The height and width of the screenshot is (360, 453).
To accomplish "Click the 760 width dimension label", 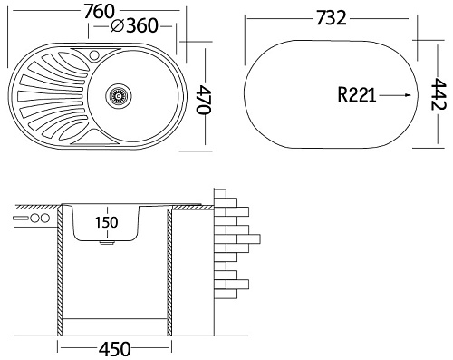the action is [100, 12].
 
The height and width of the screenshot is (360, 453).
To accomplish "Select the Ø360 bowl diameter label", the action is [134, 25].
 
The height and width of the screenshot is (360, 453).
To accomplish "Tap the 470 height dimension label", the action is [203, 100].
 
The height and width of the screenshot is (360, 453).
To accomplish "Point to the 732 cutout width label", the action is [332, 18].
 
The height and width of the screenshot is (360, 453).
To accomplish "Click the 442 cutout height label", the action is [438, 94].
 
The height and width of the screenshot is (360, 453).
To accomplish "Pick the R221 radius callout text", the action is [357, 95].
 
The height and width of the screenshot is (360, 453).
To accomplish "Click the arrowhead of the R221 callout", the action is [408, 95].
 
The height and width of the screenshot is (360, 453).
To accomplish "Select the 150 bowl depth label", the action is [107, 222].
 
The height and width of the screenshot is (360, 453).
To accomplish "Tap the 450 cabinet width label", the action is [115, 349].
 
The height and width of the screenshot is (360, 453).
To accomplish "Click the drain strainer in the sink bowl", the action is [119, 95].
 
